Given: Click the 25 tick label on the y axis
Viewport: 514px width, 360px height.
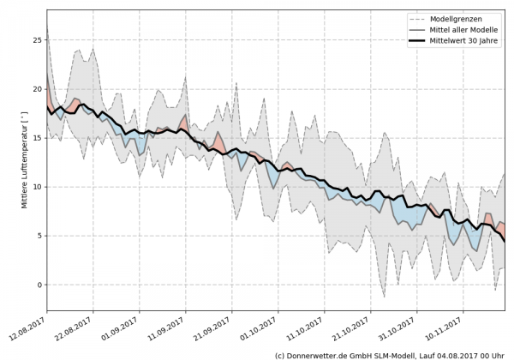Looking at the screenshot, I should (x=36, y=40).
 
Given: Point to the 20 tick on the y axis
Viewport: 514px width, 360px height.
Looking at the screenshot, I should (x=36, y=89).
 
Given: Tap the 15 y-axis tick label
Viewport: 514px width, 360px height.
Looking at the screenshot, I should (x=36, y=138).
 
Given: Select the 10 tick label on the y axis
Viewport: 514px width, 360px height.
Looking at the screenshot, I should (x=36, y=187).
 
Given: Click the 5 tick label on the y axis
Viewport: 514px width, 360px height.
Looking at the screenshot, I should (x=39, y=236).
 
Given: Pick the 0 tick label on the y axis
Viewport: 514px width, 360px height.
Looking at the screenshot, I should (x=39, y=285).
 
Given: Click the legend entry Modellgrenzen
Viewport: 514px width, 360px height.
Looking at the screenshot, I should (x=470, y=18).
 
